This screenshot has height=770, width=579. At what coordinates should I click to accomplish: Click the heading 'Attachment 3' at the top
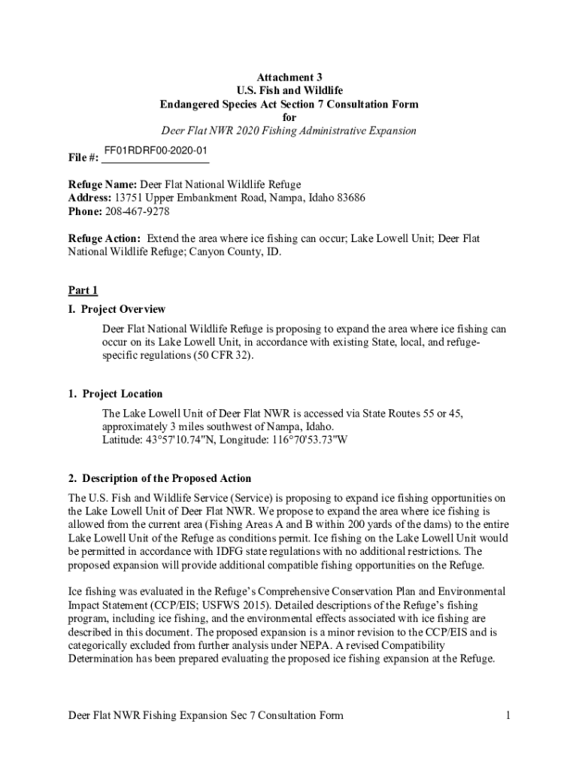289,77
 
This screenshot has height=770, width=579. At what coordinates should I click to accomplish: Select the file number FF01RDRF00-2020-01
155,152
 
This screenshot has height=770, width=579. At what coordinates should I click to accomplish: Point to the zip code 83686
349,198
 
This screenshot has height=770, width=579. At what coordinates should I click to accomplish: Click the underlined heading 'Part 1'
83,290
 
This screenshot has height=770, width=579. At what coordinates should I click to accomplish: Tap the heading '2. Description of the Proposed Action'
159,478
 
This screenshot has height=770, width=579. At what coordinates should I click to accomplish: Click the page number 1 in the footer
508,715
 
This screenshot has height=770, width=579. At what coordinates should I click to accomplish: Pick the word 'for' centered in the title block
289,117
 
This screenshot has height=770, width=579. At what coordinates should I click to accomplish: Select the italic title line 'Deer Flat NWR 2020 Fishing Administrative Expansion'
289,131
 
